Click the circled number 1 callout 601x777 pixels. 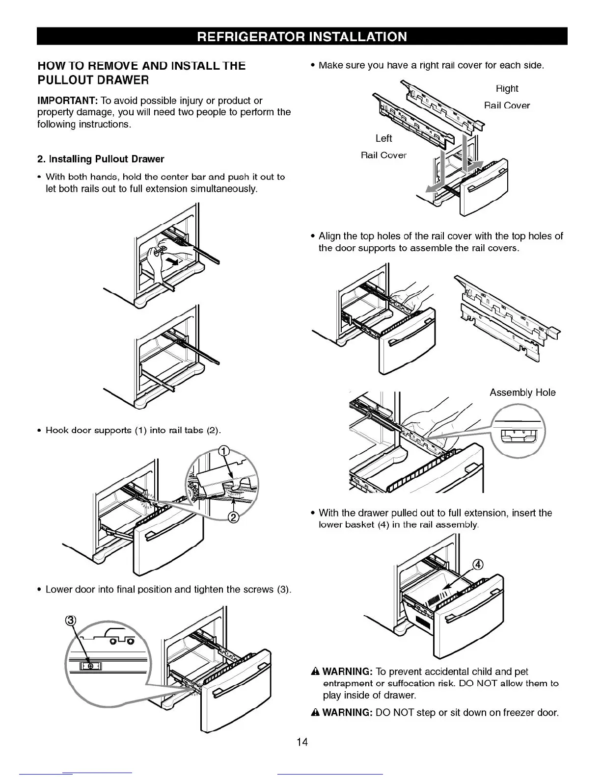[224, 451]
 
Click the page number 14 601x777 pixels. [302, 742]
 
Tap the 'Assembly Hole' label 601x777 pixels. [522, 392]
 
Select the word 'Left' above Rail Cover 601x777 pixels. [383, 138]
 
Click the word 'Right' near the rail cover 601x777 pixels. [507, 88]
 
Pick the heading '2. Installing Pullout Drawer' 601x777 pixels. [101, 159]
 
